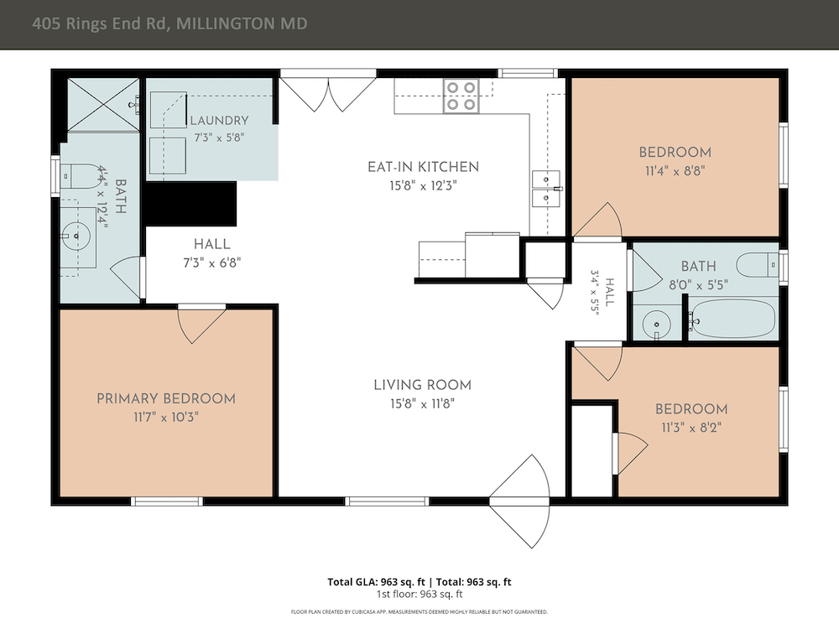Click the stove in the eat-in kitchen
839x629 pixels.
coord(461,96)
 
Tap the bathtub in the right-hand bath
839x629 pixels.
coord(731,319)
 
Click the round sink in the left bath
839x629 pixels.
coord(76,236)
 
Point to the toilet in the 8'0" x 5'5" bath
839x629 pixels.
coord(757,264)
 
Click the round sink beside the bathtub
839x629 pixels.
coord(656,324)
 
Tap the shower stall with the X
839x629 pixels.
coord(103,104)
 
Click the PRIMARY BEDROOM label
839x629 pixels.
coord(166,398)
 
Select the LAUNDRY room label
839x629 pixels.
coord(219,120)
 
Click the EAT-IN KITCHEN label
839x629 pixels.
coord(423,167)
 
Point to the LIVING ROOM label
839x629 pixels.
coord(422,385)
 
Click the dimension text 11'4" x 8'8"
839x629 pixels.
coord(675,171)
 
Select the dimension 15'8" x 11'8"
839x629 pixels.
coord(422,404)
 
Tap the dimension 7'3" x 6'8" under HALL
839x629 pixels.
coord(212,263)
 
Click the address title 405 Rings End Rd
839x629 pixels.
coord(102,23)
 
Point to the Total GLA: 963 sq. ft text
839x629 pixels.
coord(376,582)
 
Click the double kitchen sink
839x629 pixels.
coord(546,188)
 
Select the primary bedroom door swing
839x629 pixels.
coord(201,324)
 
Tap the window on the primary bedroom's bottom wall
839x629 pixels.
coord(167,502)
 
